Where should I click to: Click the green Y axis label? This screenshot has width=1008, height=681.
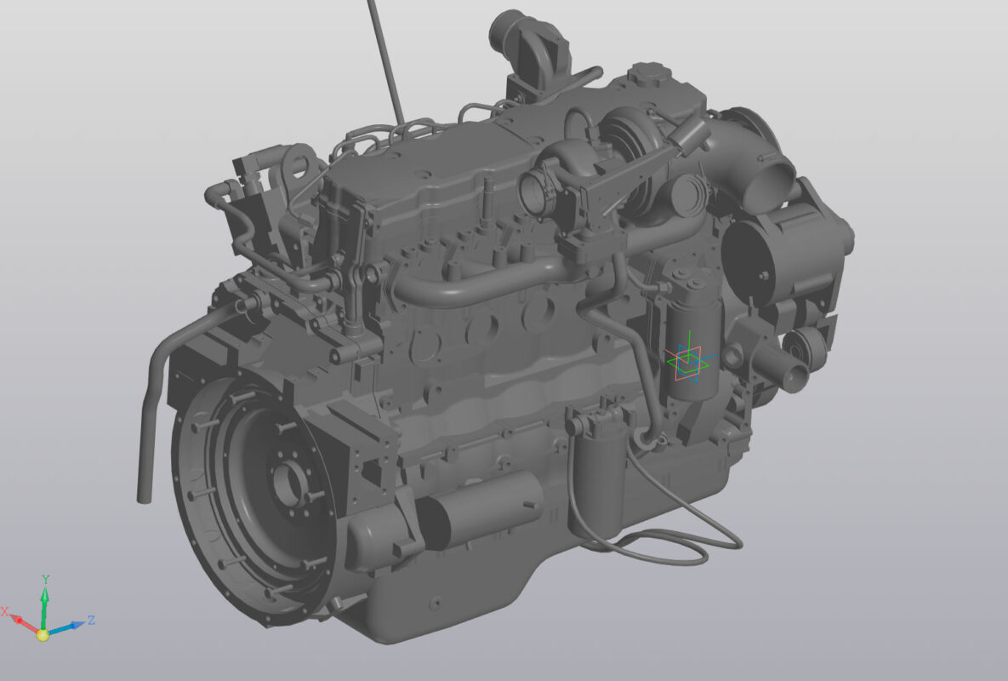[46, 580]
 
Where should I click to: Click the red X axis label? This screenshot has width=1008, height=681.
[5, 611]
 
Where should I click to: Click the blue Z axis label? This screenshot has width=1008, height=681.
[91, 620]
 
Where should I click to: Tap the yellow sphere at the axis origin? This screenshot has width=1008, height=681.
[43, 635]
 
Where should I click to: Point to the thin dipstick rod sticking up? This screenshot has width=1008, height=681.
[385, 62]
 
